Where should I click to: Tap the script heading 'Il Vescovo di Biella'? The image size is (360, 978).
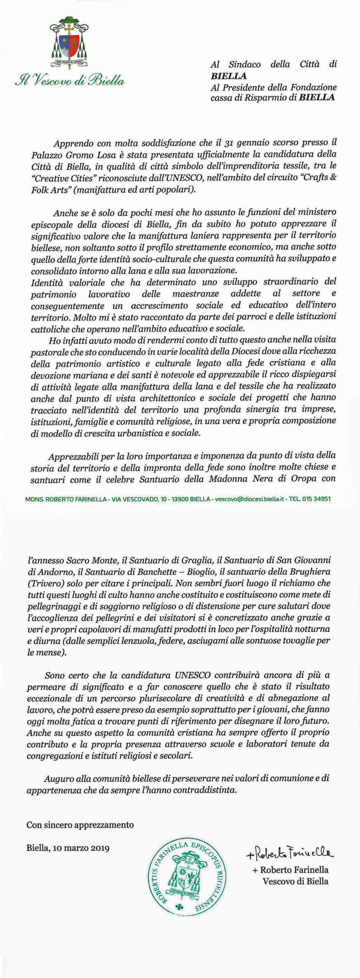(x=70, y=81)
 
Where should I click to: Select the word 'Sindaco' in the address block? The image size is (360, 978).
(x=245, y=65)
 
